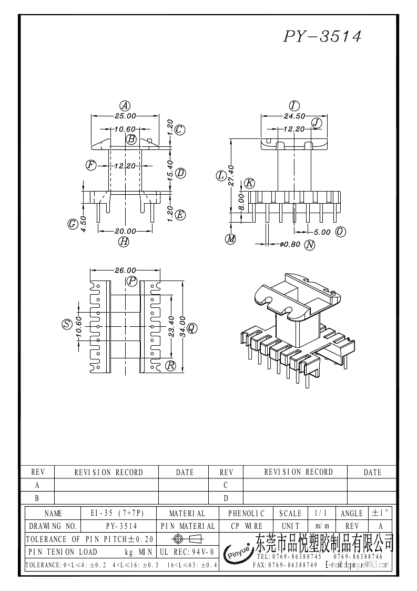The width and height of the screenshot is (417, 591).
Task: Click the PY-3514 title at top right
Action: tap(322, 36)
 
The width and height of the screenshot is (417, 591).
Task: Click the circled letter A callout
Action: tap(125, 105)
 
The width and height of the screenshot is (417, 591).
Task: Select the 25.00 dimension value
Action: tap(125, 115)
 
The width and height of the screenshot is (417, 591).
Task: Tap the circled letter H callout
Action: tap(124, 242)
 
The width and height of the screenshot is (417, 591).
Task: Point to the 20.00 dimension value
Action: tap(125, 231)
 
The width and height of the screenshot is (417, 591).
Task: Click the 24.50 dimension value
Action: tap(294, 115)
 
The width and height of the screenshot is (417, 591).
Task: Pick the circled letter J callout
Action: tap(317, 123)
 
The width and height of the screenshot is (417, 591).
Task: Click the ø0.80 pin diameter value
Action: tap(289, 244)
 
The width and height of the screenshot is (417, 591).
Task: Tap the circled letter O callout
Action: tap(340, 232)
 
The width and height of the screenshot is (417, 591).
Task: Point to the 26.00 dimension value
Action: tap(125, 270)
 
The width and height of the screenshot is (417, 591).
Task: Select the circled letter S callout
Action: tap(67, 324)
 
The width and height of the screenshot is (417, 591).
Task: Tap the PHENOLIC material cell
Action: tap(247, 513)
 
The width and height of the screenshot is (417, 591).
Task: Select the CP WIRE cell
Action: tap(247, 526)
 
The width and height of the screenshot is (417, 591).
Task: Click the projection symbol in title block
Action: tap(187, 538)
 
